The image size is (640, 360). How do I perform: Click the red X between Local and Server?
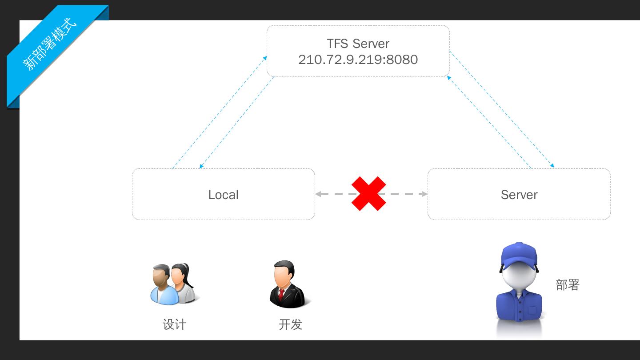[x=368, y=194]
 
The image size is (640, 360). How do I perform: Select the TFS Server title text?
[x=358, y=44]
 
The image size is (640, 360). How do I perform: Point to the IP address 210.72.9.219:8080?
[x=358, y=60]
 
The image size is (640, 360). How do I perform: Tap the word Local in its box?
[x=223, y=195]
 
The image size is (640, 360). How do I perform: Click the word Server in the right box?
[x=519, y=195]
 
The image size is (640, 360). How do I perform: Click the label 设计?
[x=174, y=324]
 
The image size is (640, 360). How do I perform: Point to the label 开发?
[x=290, y=324]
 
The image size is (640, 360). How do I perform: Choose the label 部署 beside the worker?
[x=568, y=285]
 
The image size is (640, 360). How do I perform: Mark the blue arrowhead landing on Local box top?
[x=201, y=167]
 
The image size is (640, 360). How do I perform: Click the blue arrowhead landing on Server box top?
[x=552, y=166]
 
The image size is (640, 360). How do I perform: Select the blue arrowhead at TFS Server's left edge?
[x=265, y=58]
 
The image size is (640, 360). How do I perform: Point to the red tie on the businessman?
[x=281, y=294]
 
